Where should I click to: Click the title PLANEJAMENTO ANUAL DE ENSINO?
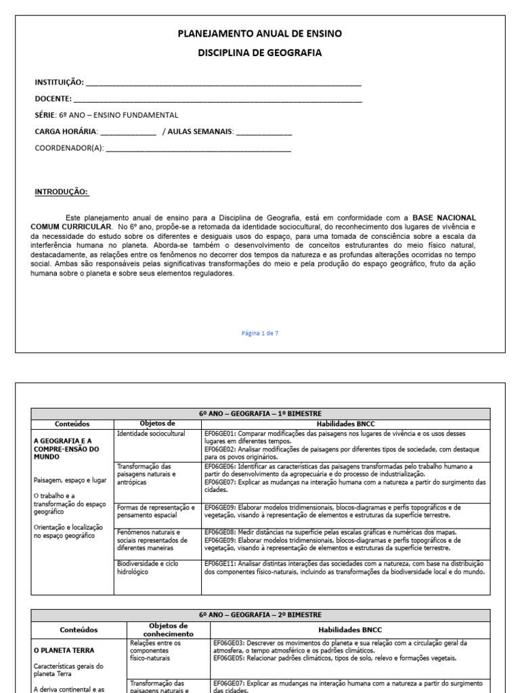click(x=260, y=33)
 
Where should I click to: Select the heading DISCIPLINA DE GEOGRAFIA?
click(x=260, y=53)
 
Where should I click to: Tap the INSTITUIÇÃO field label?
click(x=59, y=83)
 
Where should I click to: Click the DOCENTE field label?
click(x=53, y=99)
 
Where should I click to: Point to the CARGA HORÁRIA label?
click(x=66, y=131)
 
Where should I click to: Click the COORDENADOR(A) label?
click(x=69, y=148)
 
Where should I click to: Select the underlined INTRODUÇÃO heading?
click(x=61, y=192)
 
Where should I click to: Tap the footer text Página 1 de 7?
click(x=260, y=333)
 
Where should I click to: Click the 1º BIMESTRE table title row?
click(x=260, y=413)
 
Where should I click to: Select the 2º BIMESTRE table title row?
click(x=260, y=614)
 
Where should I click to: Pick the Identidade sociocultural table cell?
click(x=151, y=433)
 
